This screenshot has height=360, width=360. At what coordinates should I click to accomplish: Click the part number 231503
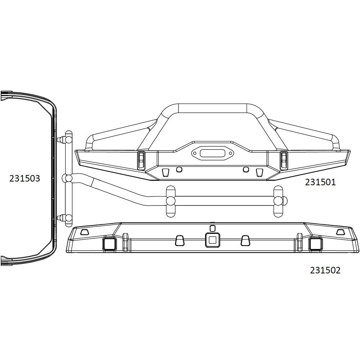point(24,178)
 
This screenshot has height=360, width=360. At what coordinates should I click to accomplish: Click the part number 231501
point(320,182)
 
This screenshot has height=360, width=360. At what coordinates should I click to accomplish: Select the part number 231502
point(325,270)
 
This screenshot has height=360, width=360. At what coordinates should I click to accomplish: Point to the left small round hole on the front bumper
point(179,169)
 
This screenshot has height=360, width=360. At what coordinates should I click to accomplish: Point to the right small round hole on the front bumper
point(246,169)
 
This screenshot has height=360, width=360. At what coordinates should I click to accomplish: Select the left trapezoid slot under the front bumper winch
point(166,172)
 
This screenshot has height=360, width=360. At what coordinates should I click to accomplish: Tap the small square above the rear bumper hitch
point(212,228)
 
